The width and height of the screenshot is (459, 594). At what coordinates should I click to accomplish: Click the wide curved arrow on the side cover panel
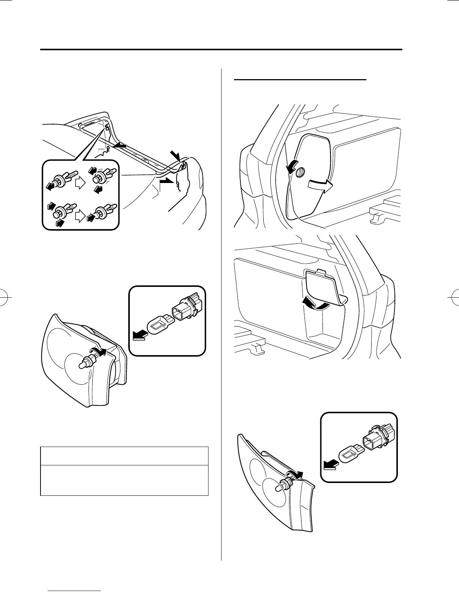(x=319, y=185)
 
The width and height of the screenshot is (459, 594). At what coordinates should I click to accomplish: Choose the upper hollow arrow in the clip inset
(x=79, y=183)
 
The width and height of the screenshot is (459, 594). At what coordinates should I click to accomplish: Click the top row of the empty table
(x=124, y=456)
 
